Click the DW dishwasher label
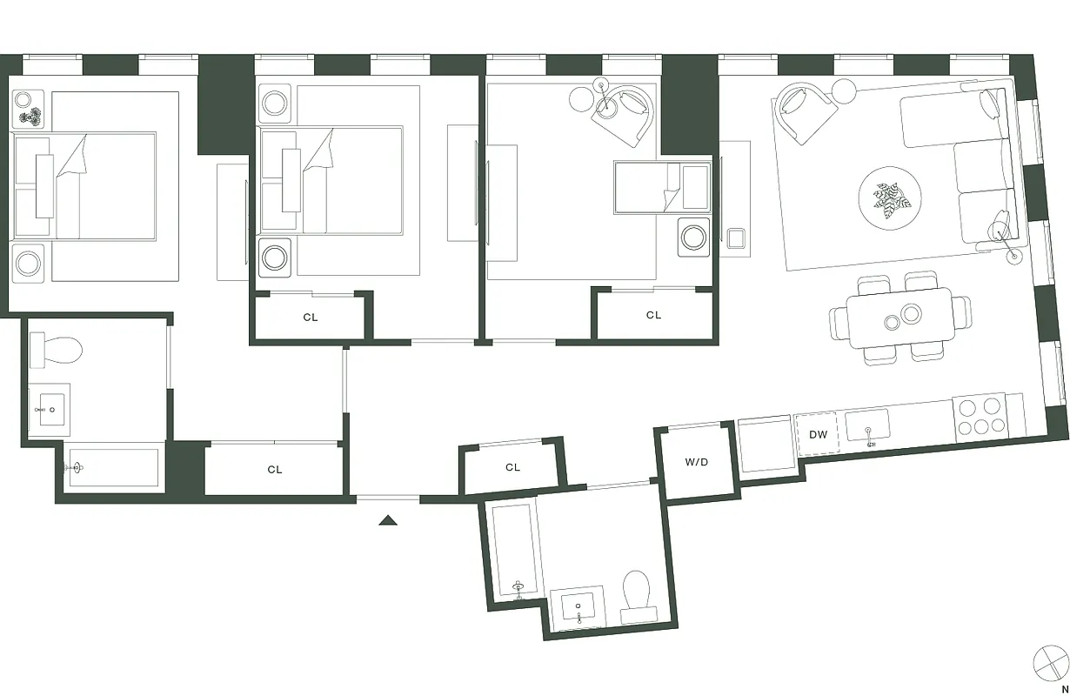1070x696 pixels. [818, 434]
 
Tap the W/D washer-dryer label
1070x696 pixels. [696, 462]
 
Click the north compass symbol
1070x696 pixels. [1050, 663]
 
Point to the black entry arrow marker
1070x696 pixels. [388, 520]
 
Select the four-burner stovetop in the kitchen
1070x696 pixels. [979, 416]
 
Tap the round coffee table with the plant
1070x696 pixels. [891, 199]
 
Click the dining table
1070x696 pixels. [899, 317]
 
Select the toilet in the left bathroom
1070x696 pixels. [56, 351]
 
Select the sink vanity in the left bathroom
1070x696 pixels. [50, 409]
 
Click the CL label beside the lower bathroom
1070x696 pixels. [512, 467]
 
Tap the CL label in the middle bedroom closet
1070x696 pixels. [311, 318]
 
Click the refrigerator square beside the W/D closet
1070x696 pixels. [765, 445]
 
